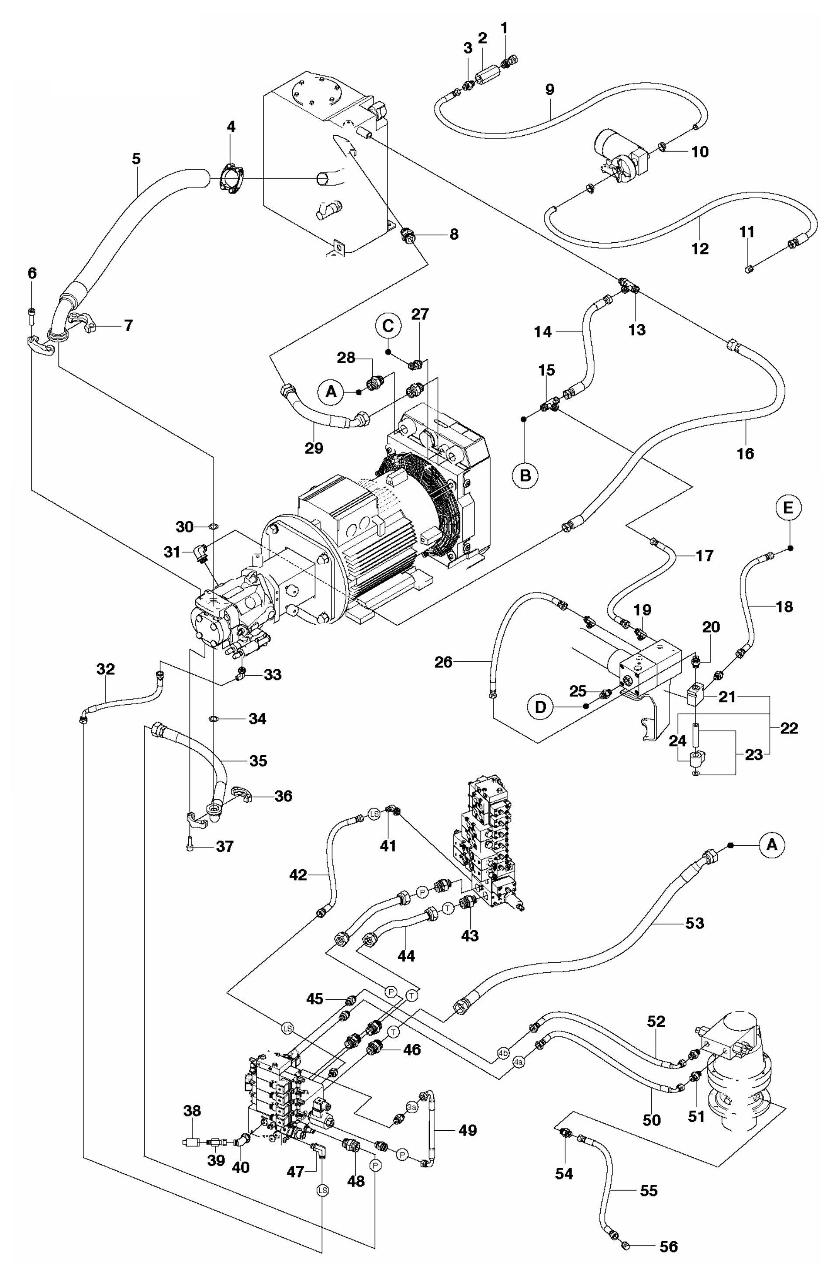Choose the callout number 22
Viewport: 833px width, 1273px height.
(x=790, y=728)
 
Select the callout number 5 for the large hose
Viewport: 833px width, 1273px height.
(x=137, y=159)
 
